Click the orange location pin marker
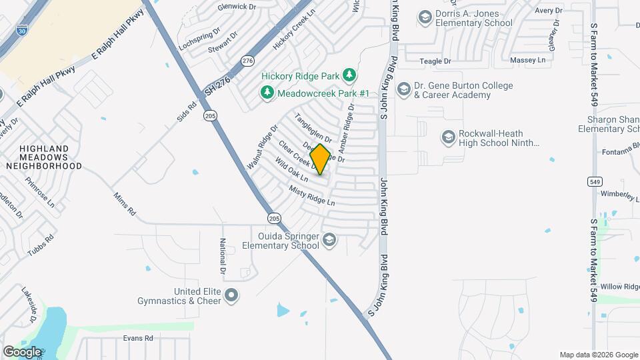click(x=320, y=159)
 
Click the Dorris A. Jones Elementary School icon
click(x=425, y=16)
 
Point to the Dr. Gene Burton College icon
click(x=403, y=89)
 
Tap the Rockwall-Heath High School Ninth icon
click(x=448, y=137)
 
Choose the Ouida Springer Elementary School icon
click(x=329, y=240)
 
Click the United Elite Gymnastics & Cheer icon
click(x=231, y=295)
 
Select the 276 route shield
click(x=248, y=61)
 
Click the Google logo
click(x=21, y=351)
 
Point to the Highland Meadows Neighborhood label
click(x=43, y=157)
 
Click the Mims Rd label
click(x=124, y=203)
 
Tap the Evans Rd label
click(x=138, y=338)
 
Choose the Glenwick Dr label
click(x=237, y=7)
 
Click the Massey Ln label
click(x=527, y=60)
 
